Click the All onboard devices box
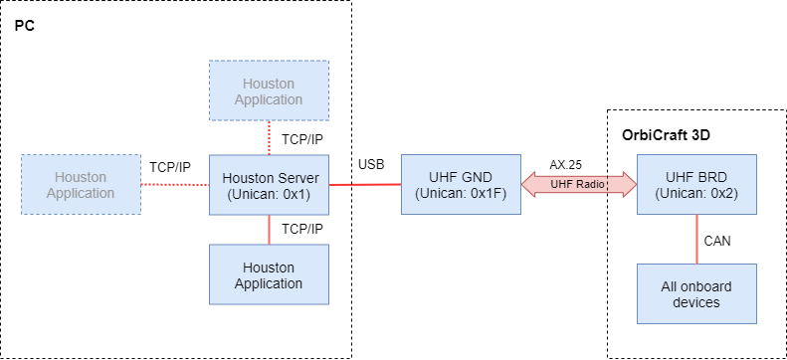[696, 293]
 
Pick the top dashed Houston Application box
[269, 90]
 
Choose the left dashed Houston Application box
[81, 184]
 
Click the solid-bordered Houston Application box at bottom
[269, 274]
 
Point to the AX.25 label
[565, 164]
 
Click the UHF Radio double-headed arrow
[578, 184]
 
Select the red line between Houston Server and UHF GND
[364, 184]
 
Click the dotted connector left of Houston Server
[175, 184]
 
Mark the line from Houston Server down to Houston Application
[269, 230]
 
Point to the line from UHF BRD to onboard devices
[696, 239]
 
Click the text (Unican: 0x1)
[269, 194]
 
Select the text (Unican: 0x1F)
[460, 194]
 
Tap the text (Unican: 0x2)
[696, 194]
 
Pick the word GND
[477, 178]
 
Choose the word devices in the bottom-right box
[696, 302]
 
